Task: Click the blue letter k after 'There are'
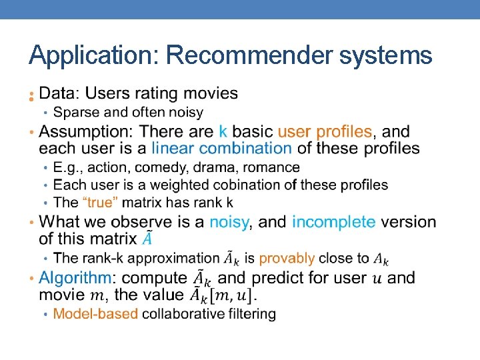(x=223, y=131)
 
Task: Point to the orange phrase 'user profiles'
(x=325, y=131)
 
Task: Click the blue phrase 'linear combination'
(x=221, y=148)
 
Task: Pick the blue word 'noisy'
(x=229, y=221)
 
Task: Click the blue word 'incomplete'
(x=333, y=221)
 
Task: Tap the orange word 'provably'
(x=287, y=258)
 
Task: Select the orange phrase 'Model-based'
(x=95, y=313)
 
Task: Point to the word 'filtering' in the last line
(x=251, y=313)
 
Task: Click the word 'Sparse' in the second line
(x=74, y=112)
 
